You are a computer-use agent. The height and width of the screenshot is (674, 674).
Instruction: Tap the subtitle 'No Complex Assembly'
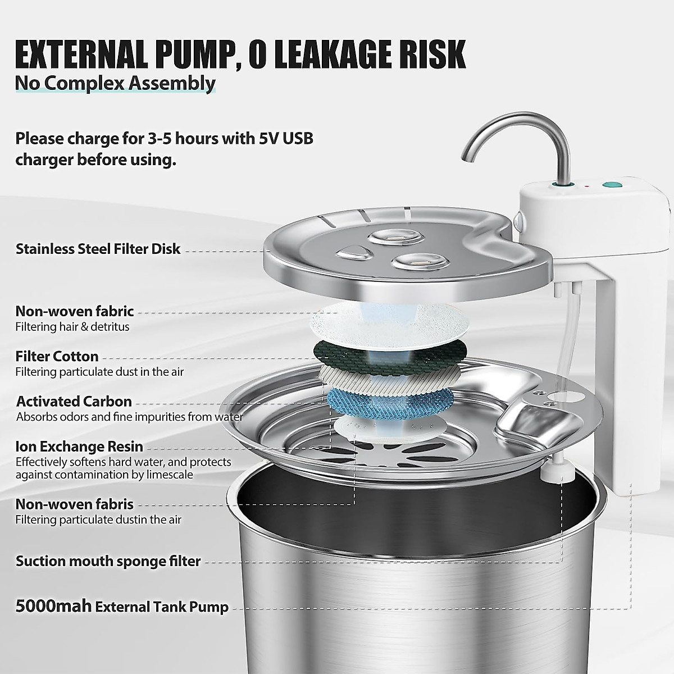tap(115, 83)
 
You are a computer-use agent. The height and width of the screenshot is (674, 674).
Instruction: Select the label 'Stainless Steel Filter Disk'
tap(98, 249)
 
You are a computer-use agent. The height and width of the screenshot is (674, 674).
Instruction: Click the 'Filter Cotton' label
tap(57, 356)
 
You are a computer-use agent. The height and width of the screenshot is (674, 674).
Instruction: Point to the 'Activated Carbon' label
tap(74, 402)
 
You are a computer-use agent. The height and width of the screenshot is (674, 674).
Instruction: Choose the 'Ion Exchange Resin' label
tap(79, 447)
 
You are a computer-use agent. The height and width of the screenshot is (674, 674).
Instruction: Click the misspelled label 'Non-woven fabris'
tap(74, 504)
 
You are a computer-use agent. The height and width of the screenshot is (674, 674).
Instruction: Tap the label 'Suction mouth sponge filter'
tap(108, 561)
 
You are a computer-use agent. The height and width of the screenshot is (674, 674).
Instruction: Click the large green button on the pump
tap(609, 184)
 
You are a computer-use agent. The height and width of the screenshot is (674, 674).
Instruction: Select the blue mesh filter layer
tap(390, 400)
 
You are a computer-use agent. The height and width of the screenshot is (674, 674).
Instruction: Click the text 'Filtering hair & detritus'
tap(72, 326)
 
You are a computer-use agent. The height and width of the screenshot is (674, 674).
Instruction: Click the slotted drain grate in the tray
tap(393, 452)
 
